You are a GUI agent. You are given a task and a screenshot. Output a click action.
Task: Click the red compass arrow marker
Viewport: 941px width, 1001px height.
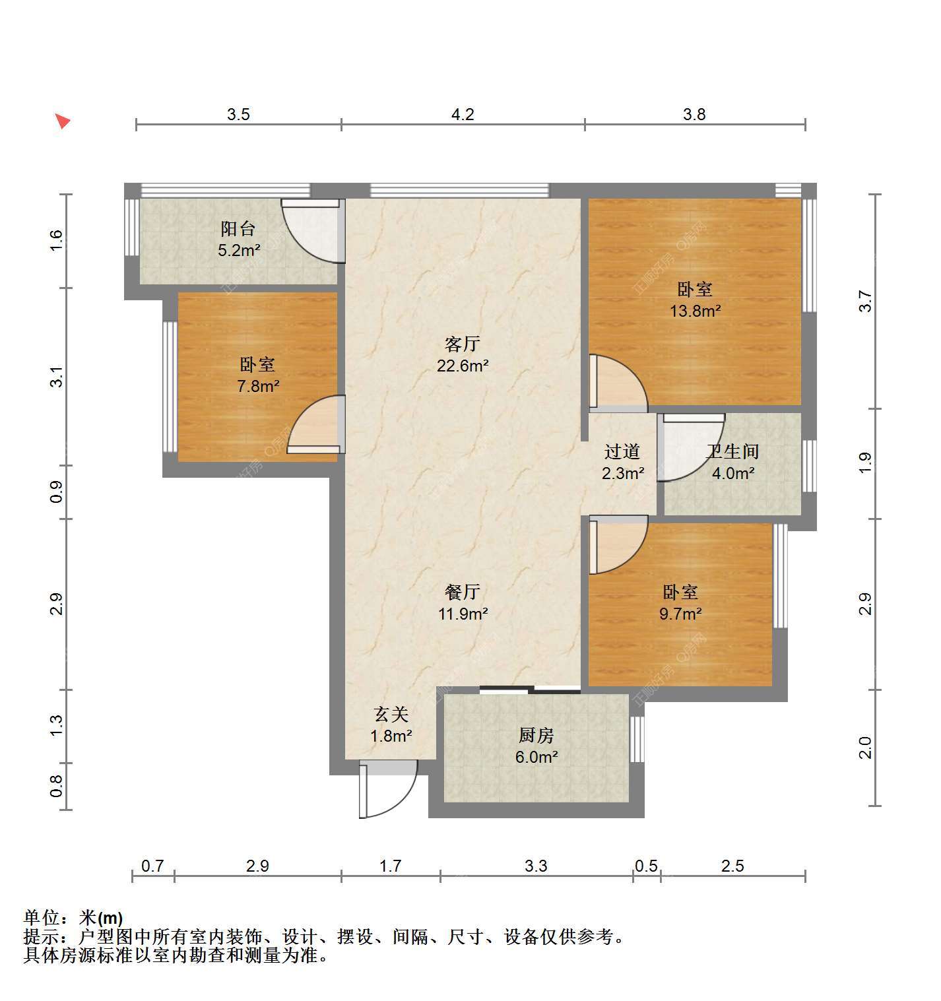[x=63, y=121]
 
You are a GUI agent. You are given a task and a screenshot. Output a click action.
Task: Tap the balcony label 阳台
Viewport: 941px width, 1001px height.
[x=238, y=229]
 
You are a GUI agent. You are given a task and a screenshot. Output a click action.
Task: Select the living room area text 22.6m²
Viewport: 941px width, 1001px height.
[x=463, y=366]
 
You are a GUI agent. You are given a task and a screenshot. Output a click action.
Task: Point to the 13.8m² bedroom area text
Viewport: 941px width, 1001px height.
[x=695, y=311]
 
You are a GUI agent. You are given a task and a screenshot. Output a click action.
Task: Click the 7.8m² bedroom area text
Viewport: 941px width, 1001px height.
[x=258, y=386]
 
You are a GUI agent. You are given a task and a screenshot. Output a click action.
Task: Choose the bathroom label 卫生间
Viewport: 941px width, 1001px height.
[x=732, y=451]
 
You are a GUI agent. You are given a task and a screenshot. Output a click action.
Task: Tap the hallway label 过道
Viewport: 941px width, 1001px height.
[x=622, y=451]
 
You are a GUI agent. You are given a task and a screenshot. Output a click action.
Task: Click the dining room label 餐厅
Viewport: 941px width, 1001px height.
[x=463, y=593]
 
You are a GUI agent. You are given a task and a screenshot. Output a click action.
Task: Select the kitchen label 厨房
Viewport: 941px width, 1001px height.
[x=536, y=735]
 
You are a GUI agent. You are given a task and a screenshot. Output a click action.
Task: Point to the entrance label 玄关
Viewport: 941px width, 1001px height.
[x=391, y=714]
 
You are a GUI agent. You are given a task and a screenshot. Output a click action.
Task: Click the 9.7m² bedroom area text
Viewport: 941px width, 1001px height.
[x=680, y=614]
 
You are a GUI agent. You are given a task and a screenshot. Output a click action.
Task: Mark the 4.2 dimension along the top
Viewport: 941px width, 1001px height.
[x=463, y=114]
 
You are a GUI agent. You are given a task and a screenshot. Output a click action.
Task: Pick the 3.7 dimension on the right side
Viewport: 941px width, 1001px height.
[x=865, y=302]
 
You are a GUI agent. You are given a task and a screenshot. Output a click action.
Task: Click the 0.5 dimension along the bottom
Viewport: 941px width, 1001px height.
[x=646, y=866]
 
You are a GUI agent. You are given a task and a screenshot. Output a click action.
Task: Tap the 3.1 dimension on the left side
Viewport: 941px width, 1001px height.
[x=57, y=377]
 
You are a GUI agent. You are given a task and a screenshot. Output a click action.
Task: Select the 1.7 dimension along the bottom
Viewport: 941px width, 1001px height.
[x=390, y=866]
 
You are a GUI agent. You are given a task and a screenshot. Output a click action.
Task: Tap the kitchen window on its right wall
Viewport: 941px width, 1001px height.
[x=637, y=739]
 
